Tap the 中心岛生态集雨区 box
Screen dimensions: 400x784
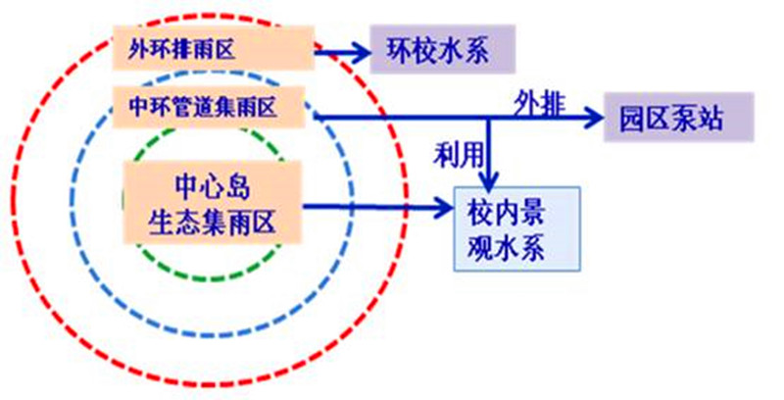point(212,204)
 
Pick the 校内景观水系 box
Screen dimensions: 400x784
point(515,227)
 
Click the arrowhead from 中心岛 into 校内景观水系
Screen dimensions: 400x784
point(443,207)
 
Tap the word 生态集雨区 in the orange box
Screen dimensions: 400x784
point(212,223)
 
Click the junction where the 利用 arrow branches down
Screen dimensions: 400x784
point(488,118)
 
